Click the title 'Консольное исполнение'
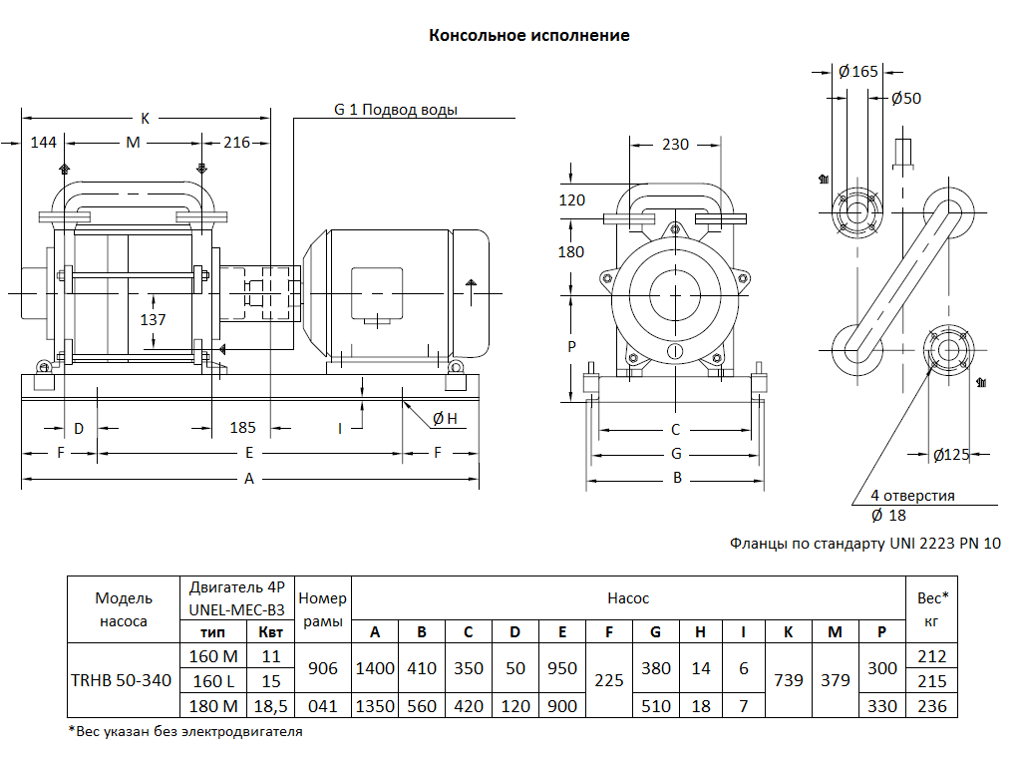click(528, 36)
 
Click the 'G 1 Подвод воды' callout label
click(396, 110)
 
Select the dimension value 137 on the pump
click(153, 320)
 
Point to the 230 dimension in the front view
click(675, 145)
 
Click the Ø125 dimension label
click(951, 455)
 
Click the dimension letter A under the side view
click(249, 479)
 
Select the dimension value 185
click(242, 428)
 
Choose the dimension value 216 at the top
click(236, 143)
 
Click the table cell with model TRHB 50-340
click(122, 680)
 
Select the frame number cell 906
click(323, 668)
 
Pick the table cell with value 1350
click(375, 706)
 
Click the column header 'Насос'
click(628, 598)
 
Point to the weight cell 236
click(932, 706)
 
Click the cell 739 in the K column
click(788, 680)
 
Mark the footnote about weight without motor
click(184, 731)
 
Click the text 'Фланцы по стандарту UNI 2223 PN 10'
click(864, 544)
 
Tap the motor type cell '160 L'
click(212, 681)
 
